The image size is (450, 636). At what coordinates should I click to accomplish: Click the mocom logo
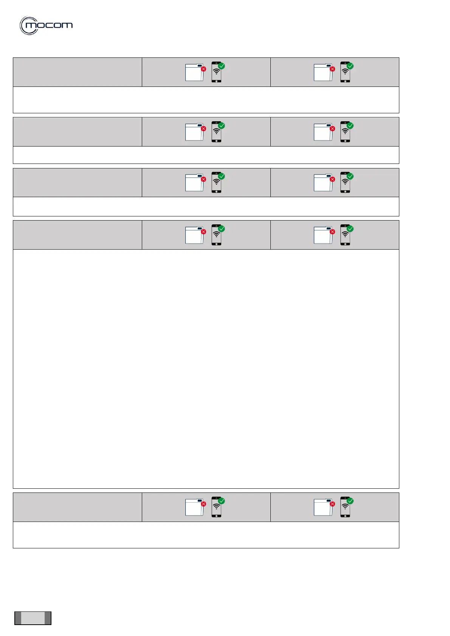(x=46, y=26)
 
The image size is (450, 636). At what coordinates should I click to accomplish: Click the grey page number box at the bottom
(x=33, y=618)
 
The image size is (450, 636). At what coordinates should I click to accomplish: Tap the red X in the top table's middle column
(x=203, y=69)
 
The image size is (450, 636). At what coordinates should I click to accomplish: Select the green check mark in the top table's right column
(x=350, y=66)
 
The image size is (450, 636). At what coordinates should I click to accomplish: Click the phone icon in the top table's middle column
(x=216, y=73)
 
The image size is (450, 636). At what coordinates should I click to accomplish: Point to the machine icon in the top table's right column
(x=323, y=73)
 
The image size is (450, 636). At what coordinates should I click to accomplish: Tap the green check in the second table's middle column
(x=222, y=125)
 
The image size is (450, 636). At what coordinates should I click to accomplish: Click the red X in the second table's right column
(x=332, y=129)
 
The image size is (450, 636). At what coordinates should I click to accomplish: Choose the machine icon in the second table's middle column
(x=194, y=132)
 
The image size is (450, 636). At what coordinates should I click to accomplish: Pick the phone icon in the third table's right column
(x=345, y=183)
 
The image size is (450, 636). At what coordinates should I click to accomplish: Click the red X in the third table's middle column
(x=203, y=179)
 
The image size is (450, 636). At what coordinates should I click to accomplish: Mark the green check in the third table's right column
(x=350, y=176)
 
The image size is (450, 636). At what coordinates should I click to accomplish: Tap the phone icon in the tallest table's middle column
(x=216, y=235)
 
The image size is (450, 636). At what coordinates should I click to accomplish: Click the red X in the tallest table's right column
(x=332, y=232)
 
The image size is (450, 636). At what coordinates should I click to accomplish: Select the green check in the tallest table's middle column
(x=222, y=228)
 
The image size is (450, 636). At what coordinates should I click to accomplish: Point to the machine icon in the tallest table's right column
(x=323, y=235)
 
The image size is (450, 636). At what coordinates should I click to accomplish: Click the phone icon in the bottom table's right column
(x=345, y=507)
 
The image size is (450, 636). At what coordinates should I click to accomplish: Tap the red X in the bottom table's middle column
(x=203, y=504)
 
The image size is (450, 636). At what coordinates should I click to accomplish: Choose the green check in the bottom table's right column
(x=350, y=501)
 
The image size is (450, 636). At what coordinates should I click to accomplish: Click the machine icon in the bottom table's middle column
(x=194, y=507)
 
